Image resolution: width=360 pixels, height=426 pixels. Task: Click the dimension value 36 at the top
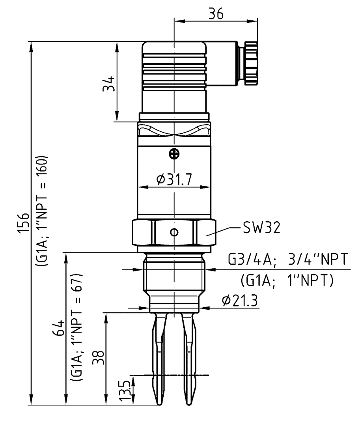click(216, 13)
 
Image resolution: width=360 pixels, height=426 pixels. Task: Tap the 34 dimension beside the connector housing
click(108, 84)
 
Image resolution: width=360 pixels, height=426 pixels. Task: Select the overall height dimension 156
click(23, 223)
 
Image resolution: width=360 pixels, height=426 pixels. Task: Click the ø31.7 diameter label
click(174, 179)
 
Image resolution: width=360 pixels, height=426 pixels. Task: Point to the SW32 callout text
click(261, 228)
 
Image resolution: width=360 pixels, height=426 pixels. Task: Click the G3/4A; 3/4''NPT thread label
click(287, 259)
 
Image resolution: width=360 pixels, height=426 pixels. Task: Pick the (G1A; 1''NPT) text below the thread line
click(287, 280)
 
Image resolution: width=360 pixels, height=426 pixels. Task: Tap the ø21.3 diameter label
click(240, 300)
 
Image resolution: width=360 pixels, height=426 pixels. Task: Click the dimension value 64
click(59, 328)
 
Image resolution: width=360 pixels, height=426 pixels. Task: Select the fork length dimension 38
click(98, 357)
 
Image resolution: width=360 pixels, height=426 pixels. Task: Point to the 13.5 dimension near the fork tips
click(125, 390)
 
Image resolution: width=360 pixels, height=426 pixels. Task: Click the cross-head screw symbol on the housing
click(174, 154)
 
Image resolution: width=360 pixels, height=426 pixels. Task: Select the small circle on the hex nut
click(174, 232)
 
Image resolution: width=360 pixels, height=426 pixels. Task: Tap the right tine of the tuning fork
click(189, 359)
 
